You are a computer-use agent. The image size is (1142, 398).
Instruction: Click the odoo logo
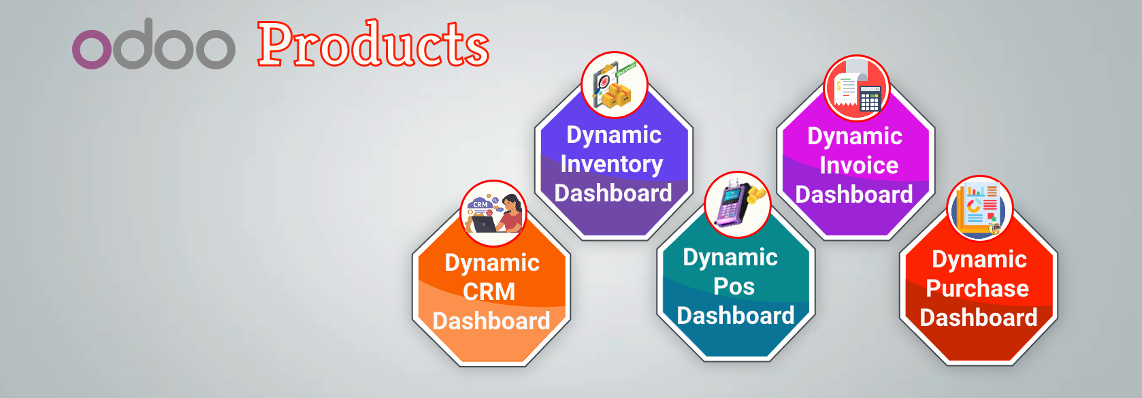[x=153, y=44]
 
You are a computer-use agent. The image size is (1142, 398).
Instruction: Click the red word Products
[x=373, y=44]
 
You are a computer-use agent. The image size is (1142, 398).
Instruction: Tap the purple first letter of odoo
[x=91, y=50]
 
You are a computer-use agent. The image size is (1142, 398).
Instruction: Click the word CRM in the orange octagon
[x=489, y=292]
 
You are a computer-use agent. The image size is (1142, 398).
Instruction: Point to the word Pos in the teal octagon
[x=734, y=286]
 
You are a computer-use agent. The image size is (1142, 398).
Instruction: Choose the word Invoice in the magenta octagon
[x=859, y=165]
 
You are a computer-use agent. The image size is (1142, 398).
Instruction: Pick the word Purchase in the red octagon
[x=977, y=289]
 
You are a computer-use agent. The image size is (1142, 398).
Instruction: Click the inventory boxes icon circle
[x=615, y=84]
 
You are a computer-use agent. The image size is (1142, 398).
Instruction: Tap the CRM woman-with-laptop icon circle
[x=493, y=213]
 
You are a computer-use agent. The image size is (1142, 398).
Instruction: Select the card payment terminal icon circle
[x=737, y=204]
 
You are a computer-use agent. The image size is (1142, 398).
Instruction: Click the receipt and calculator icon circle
[x=856, y=88]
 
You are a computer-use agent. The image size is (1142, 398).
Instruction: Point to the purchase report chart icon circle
[x=980, y=208]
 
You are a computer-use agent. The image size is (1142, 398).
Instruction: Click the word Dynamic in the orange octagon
[x=492, y=264]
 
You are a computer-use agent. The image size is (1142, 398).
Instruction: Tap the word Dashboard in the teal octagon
[x=736, y=316]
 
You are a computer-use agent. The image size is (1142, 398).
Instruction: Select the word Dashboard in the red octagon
[x=979, y=318]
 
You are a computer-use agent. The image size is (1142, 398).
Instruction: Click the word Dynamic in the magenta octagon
[x=855, y=137]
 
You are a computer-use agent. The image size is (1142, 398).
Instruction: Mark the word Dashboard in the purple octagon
[x=613, y=193]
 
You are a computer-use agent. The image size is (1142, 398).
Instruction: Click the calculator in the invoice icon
[x=870, y=99]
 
